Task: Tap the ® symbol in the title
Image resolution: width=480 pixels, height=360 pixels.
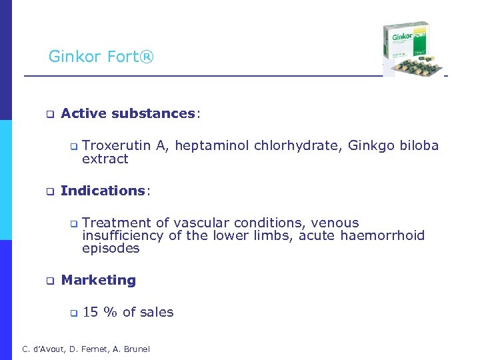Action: point(147,57)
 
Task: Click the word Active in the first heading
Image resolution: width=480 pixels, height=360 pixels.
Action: point(84,113)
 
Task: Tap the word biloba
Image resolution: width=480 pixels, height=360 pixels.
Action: point(419,145)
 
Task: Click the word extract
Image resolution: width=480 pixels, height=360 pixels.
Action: point(105,159)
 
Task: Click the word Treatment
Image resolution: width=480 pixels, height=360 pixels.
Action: point(116,223)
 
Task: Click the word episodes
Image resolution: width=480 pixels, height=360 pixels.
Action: point(111,248)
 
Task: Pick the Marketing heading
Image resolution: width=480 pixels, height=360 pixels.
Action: point(98,280)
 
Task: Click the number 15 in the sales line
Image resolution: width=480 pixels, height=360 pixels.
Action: point(90,312)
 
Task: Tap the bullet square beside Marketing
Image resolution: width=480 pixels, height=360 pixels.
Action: point(49,281)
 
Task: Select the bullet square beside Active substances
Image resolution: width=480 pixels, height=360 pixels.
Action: point(49,114)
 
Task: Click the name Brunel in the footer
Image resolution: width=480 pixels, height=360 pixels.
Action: point(135,349)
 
